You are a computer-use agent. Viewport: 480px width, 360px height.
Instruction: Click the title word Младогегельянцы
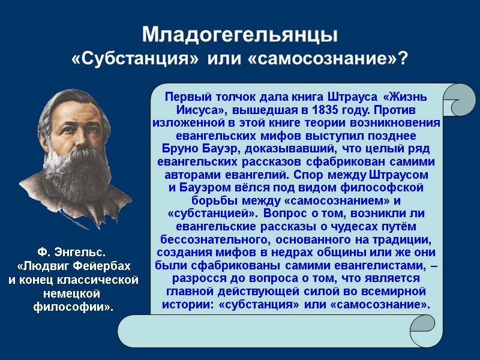[x=240, y=35]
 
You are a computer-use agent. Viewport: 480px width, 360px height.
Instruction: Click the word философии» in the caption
[x=73, y=307]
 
